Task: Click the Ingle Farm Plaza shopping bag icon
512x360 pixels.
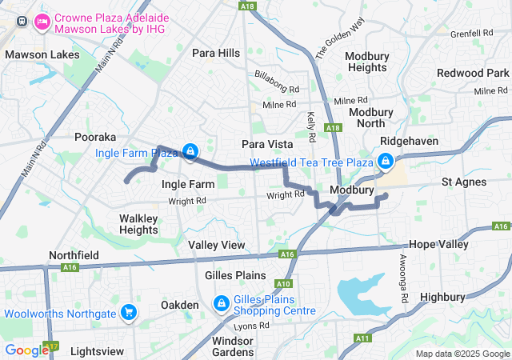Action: click(x=190, y=151)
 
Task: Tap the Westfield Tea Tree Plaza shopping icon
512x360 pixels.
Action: click(x=386, y=162)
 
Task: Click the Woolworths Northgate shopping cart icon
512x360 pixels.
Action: click(x=128, y=311)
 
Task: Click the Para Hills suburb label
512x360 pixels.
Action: click(x=216, y=53)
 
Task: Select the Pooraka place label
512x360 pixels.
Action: click(x=95, y=137)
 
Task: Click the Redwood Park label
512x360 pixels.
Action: click(x=473, y=73)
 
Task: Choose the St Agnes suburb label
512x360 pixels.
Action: click(x=464, y=182)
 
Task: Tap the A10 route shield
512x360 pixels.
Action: click(x=283, y=283)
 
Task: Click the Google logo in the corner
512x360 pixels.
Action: click(x=26, y=350)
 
